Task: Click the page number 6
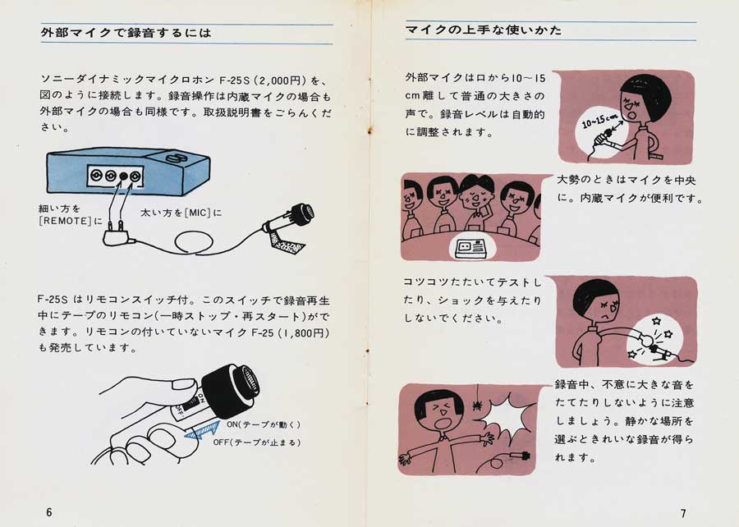[x=49, y=512]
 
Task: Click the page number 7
[x=683, y=513]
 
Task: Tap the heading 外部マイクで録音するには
[x=126, y=33]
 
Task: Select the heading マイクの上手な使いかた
[x=484, y=30]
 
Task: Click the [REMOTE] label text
[x=65, y=221]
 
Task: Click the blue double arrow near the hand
[x=203, y=429]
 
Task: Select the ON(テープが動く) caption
[x=264, y=424]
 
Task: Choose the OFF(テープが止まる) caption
[x=257, y=442]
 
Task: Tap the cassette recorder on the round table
[x=472, y=247]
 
